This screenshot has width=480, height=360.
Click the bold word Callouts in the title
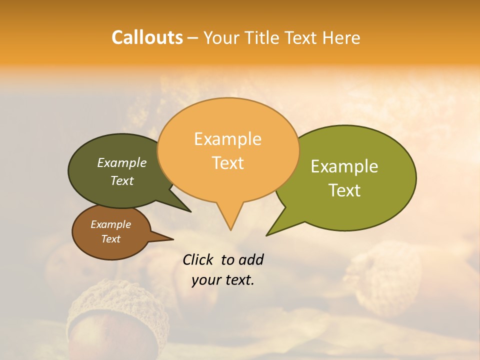pyautogui.click(x=147, y=37)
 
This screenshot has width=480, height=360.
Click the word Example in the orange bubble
pyautogui.click(x=227, y=139)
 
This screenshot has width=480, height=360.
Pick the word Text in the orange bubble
pyautogui.click(x=228, y=163)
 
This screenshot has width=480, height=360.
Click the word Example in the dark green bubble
pyautogui.click(x=122, y=163)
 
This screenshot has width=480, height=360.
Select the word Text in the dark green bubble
pyautogui.click(x=122, y=180)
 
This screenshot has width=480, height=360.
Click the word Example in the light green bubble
pyautogui.click(x=344, y=166)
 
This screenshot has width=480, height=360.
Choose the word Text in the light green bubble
pyautogui.click(x=345, y=190)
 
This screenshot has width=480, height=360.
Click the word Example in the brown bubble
pyautogui.click(x=111, y=224)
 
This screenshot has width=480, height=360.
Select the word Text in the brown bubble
pyautogui.click(x=111, y=239)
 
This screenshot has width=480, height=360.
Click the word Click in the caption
pyautogui.click(x=198, y=259)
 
